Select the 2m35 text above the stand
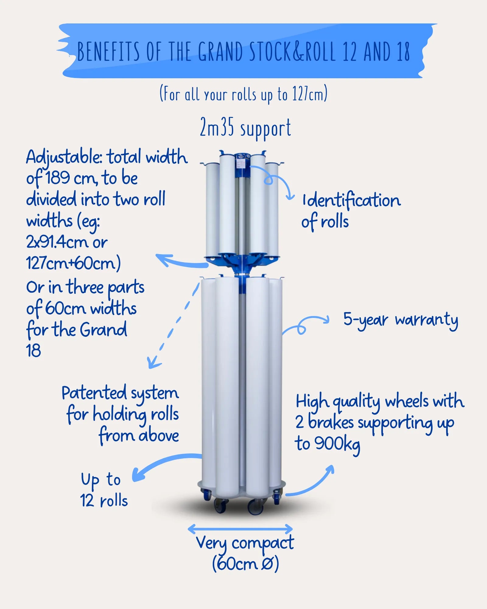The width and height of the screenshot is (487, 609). pyautogui.click(x=217, y=127)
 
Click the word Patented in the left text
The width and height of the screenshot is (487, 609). pyautogui.click(x=94, y=393)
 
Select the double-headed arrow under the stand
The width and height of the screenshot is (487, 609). pyautogui.click(x=240, y=529)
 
